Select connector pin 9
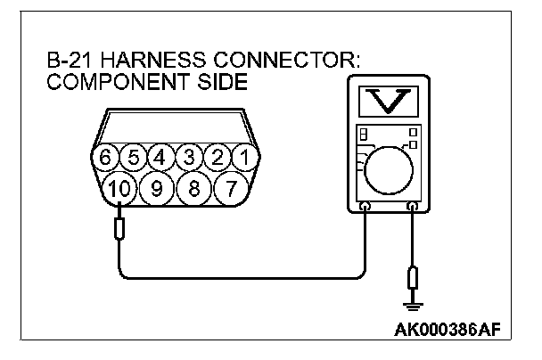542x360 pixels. [155, 189]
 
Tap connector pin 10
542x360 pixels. [119, 189]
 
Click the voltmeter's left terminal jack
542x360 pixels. [365, 208]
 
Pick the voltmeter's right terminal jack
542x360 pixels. [413, 208]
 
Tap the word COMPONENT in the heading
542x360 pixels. [108, 82]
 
